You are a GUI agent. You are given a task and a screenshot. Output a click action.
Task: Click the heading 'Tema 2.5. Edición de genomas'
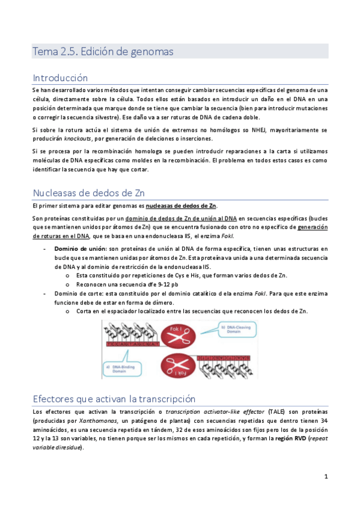pyautogui.click(x=103, y=52)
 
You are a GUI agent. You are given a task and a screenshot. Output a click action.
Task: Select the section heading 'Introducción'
pyautogui.click(x=60, y=78)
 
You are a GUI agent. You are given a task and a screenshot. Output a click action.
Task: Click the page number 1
pyautogui.click(x=326, y=476)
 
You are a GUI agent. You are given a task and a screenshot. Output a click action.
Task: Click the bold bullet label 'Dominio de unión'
pyautogui.click(x=79, y=248)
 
